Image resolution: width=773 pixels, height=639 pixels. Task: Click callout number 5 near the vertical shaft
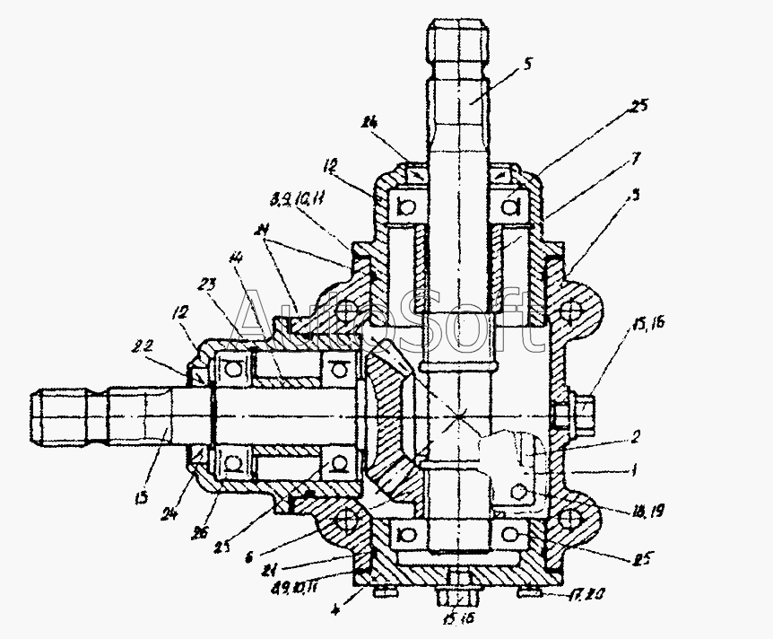coord(528,64)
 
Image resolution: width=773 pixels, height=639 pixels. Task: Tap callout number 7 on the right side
coord(636,159)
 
